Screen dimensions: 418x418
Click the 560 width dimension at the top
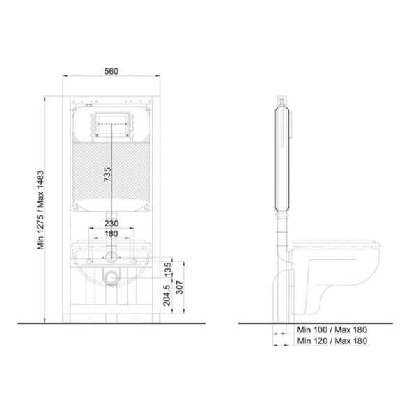click(x=111, y=70)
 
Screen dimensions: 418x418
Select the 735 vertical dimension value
click(x=107, y=175)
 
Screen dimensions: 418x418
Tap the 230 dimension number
click(x=111, y=224)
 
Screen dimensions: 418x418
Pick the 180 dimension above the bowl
click(x=111, y=234)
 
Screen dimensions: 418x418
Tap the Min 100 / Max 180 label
click(x=332, y=330)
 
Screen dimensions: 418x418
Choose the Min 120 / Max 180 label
click(x=332, y=341)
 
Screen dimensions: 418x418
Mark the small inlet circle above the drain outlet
click(x=111, y=257)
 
